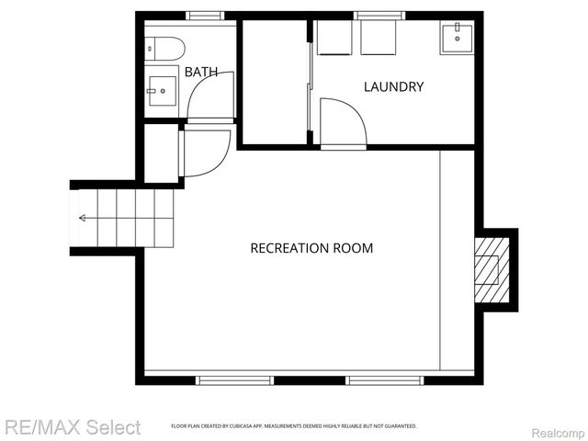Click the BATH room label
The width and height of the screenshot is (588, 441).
[201, 71]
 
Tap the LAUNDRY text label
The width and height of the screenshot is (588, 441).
[393, 87]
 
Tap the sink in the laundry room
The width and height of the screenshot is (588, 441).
[457, 39]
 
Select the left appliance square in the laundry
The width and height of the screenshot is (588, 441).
[334, 39]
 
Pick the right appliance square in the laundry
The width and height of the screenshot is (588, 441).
[378, 39]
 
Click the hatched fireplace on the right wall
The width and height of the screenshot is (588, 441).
[491, 270]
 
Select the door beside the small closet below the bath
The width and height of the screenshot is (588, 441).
[206, 153]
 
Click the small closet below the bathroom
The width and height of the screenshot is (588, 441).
[161, 153]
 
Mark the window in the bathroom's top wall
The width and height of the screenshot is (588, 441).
[205, 16]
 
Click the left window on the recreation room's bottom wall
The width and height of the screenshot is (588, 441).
[234, 379]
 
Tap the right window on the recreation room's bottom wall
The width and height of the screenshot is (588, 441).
[384, 379]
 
